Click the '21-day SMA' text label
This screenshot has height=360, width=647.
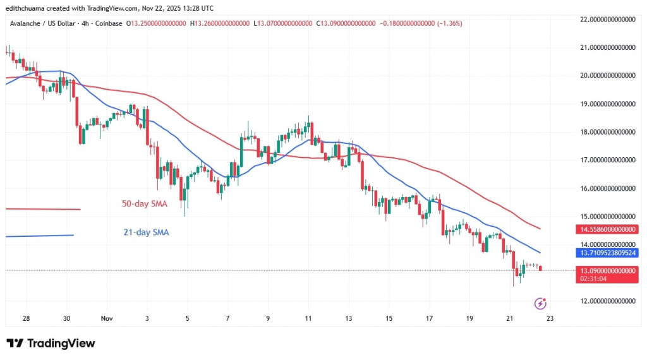pos(146,232)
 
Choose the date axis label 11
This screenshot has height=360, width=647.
pos(308,319)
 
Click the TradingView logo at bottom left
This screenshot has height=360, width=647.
pos(51,344)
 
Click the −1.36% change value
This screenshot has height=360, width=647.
pos(448,23)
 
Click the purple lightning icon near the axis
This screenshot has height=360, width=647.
pos(540,303)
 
